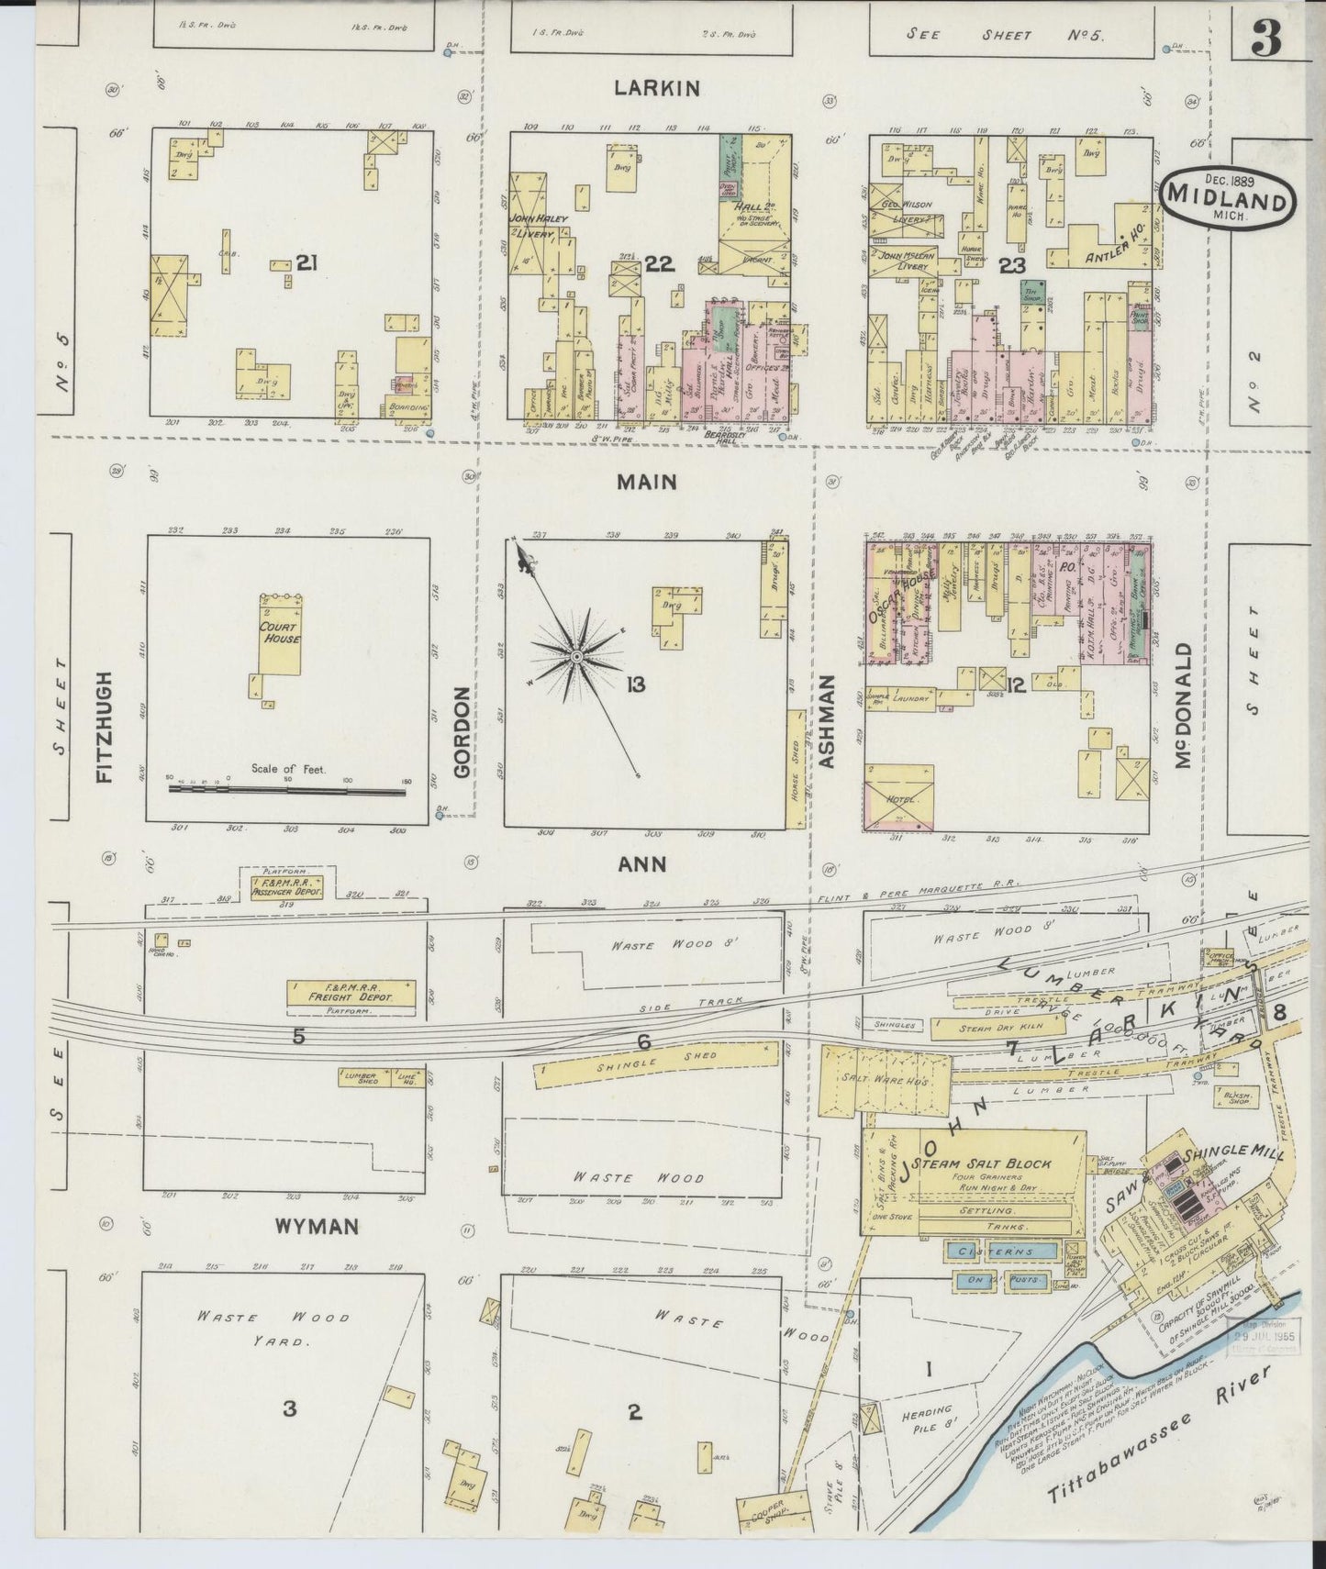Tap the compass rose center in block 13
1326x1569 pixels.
tap(575, 657)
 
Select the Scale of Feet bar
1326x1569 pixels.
tap(287, 791)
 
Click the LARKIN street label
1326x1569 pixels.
tap(657, 88)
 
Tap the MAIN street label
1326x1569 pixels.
tap(646, 482)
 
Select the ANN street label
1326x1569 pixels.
tap(641, 864)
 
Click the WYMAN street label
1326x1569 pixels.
tap(315, 1227)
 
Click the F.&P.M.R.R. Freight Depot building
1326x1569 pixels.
tap(351, 993)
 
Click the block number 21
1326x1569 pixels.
tap(306, 264)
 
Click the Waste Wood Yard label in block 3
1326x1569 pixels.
tap(274, 1328)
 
